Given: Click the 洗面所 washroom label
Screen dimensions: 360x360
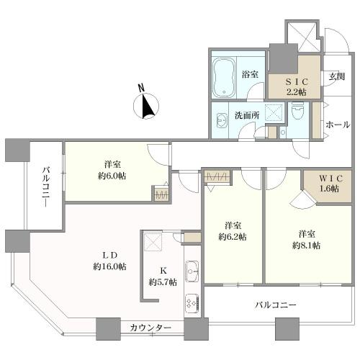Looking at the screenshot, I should pyautogui.click(x=246, y=114).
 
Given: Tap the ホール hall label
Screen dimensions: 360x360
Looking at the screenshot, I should pyautogui.click(x=338, y=125).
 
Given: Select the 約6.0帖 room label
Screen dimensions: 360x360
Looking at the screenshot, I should pyautogui.click(x=110, y=169).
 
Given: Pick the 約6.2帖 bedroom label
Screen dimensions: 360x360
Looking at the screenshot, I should pyautogui.click(x=233, y=230).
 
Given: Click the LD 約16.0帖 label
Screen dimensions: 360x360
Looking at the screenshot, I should pyautogui.click(x=109, y=259).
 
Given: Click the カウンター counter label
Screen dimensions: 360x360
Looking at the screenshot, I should pyautogui.click(x=150, y=328).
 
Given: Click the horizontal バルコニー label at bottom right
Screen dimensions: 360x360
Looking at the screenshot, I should pyautogui.click(x=275, y=305).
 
